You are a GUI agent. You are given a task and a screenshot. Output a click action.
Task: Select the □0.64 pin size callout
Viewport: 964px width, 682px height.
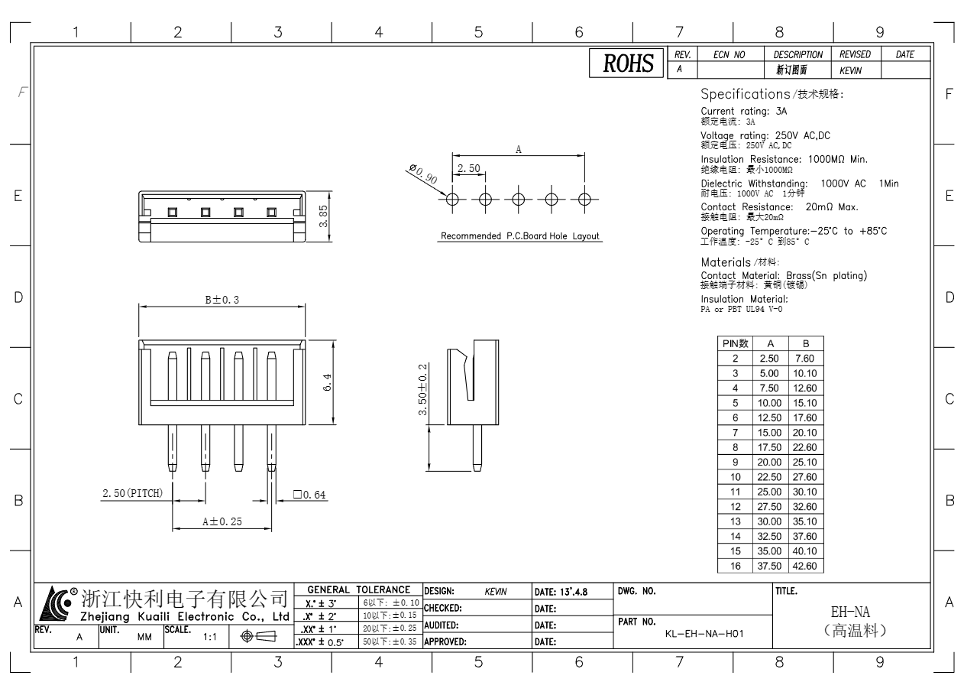click(x=309, y=495)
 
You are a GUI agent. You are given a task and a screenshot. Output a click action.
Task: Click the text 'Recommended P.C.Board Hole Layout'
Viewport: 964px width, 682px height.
click(x=520, y=236)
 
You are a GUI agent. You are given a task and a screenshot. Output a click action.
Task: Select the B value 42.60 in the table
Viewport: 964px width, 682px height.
click(x=804, y=566)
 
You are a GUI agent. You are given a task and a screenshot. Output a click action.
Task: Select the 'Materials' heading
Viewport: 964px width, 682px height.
click(x=726, y=262)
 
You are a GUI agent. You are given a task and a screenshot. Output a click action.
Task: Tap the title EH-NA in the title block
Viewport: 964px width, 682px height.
click(x=850, y=611)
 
